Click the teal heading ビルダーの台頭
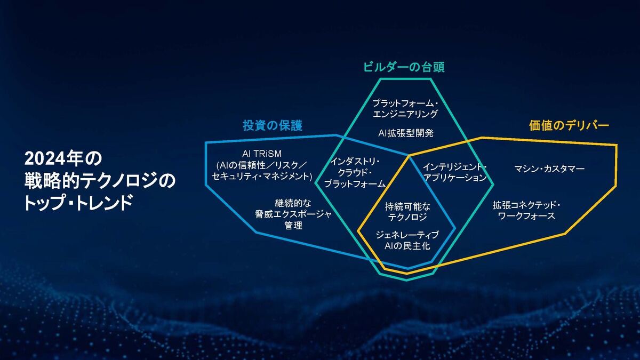click(x=404, y=67)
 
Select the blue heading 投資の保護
click(x=273, y=125)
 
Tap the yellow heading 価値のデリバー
click(x=569, y=125)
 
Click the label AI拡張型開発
click(x=406, y=133)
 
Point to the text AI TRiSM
click(x=262, y=154)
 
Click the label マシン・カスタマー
click(x=549, y=169)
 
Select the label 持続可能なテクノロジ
click(x=407, y=211)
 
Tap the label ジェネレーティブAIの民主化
click(x=407, y=241)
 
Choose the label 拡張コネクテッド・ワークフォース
click(x=526, y=210)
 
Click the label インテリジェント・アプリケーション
click(x=455, y=172)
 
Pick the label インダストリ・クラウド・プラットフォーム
click(x=355, y=173)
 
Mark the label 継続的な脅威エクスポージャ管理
click(x=293, y=214)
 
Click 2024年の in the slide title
click(x=63, y=158)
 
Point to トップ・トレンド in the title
click(x=78, y=202)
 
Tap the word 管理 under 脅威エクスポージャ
click(x=293, y=226)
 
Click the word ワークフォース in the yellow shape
click(x=526, y=215)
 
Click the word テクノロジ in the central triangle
click(x=407, y=217)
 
